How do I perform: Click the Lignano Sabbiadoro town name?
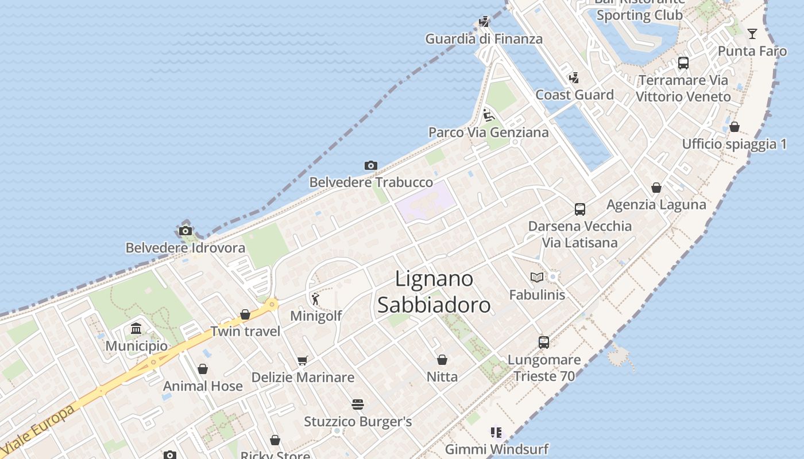click(434, 292)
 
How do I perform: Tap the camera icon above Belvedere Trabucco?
click(371, 166)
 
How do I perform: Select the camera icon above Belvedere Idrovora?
click(185, 231)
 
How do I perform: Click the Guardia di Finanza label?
click(484, 39)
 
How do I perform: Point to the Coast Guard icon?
click(573, 77)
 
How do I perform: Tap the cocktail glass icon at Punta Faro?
click(752, 34)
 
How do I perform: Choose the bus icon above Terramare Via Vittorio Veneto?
click(683, 63)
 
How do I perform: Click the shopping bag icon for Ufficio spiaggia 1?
click(735, 127)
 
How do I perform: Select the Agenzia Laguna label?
click(656, 204)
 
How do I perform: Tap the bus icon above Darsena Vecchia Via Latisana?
click(580, 209)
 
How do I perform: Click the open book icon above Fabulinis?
click(537, 278)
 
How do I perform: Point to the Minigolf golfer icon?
click(315, 298)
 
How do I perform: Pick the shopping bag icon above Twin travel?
click(245, 314)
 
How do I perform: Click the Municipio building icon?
click(136, 329)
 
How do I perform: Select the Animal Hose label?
click(203, 386)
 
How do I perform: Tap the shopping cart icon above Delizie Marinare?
click(303, 360)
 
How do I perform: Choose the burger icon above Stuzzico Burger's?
click(358, 404)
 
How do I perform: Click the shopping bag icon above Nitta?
click(442, 360)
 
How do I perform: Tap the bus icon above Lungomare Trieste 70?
click(544, 343)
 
